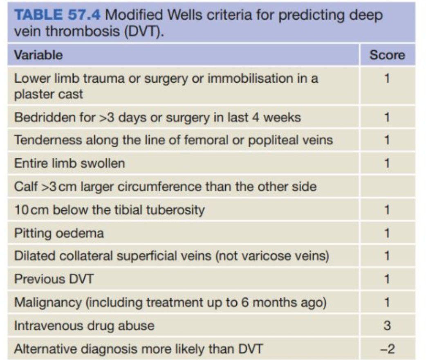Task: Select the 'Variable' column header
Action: point(38,55)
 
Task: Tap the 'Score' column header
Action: point(387,55)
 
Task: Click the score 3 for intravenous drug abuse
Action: point(387,326)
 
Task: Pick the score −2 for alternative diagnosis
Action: point(387,349)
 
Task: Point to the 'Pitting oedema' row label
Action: point(59,233)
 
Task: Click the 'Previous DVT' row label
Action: point(54,279)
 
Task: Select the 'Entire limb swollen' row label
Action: point(70,163)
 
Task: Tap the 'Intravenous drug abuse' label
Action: point(84,326)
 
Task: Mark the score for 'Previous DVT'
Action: point(387,279)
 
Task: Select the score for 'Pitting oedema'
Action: point(387,233)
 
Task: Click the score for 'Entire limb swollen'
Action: point(387,163)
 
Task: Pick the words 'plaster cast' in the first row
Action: point(48,94)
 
